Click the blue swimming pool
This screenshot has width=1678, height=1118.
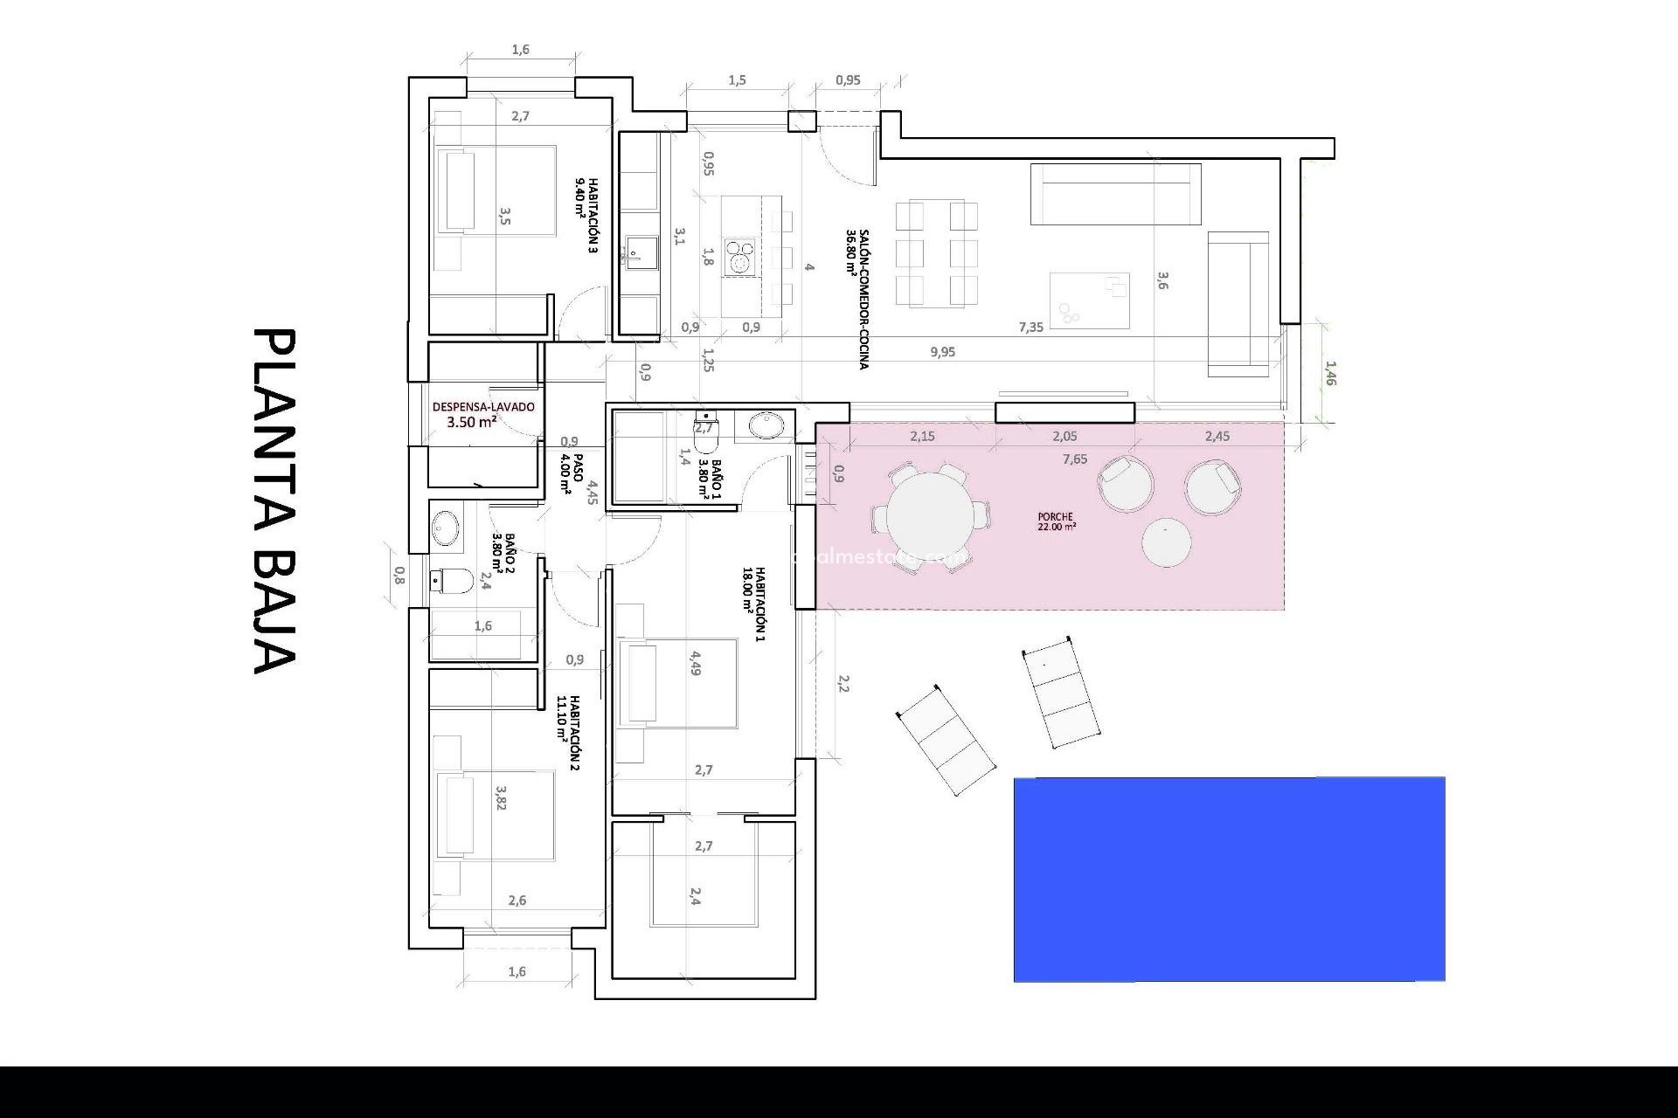click(1229, 879)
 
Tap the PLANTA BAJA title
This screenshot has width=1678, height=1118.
click(274, 501)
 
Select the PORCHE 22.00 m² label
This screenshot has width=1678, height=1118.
click(1056, 521)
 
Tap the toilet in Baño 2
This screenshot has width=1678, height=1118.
click(452, 580)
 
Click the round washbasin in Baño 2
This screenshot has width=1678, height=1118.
click(446, 528)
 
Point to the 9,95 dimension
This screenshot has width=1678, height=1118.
click(942, 352)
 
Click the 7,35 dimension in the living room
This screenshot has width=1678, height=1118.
click(1030, 328)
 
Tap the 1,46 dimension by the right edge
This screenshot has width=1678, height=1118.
click(1329, 374)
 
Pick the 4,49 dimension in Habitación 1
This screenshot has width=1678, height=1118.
click(695, 663)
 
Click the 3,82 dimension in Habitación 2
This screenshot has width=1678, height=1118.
click(501, 797)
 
